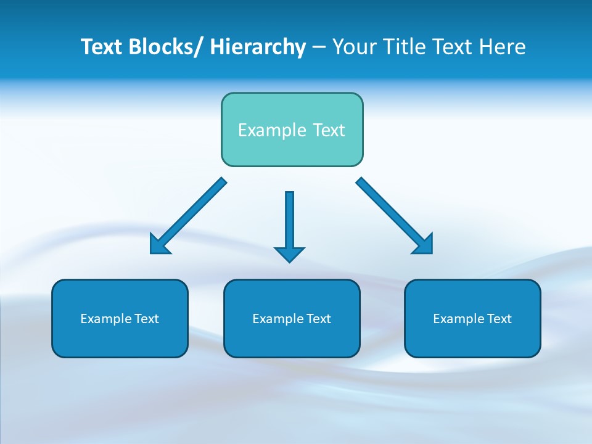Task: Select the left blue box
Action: [x=119, y=339]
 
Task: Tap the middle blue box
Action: [x=291, y=339]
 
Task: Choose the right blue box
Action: [x=472, y=339]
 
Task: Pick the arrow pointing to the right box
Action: [x=388, y=211]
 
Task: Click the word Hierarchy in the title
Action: [x=258, y=47]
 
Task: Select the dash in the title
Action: [x=319, y=47]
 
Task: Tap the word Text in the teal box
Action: [x=327, y=130]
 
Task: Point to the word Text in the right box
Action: [x=499, y=319]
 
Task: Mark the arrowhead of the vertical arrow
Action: [x=289, y=253]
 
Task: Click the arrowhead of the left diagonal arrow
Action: [x=159, y=245]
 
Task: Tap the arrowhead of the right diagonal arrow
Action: [x=424, y=245]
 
